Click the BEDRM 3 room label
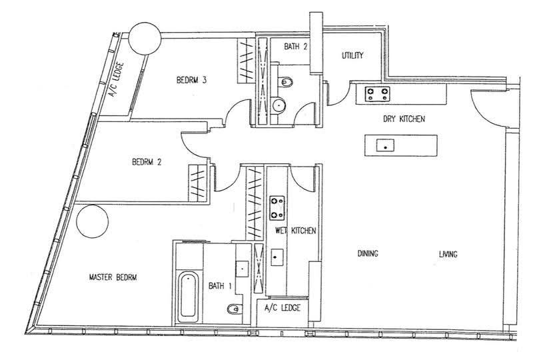tap(192, 80)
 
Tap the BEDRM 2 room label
tap(147, 162)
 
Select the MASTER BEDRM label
tap(113, 277)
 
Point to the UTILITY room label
tap(352, 55)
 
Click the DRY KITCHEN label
tap(404, 119)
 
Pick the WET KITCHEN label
tap(295, 231)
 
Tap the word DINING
tap(368, 253)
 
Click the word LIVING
tap(448, 254)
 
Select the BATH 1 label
tap(220, 285)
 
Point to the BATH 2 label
tap(296, 46)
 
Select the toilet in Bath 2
tap(287, 82)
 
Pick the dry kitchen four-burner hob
tap(377, 94)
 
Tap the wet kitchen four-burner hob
tap(277, 208)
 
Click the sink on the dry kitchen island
tap(385, 145)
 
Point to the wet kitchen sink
tap(277, 257)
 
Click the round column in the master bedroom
tap(93, 221)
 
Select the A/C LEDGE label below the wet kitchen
tap(282, 308)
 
